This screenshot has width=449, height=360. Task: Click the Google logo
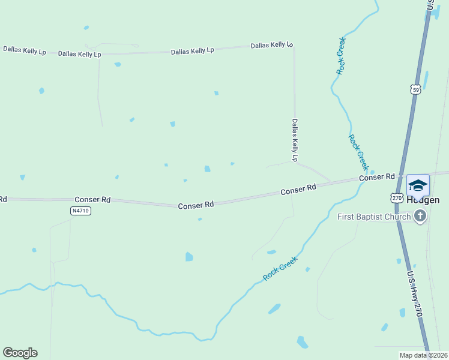click(x=20, y=353)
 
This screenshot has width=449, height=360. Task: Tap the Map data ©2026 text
click(x=423, y=355)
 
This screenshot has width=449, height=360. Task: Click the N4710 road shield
click(x=80, y=211)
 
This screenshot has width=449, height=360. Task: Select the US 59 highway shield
click(x=416, y=89)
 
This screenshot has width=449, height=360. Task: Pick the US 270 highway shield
click(x=396, y=197)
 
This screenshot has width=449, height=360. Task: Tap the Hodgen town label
click(x=424, y=200)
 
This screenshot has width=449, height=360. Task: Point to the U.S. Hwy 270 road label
click(x=415, y=294)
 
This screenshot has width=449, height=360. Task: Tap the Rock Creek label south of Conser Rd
click(x=280, y=268)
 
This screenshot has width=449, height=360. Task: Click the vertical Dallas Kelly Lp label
click(x=295, y=140)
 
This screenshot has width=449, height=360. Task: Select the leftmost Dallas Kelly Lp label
click(x=25, y=49)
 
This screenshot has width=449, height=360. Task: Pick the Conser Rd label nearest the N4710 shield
click(x=92, y=199)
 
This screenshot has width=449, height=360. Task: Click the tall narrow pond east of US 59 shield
click(x=426, y=80)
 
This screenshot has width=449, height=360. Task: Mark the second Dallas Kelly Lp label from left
click(x=79, y=54)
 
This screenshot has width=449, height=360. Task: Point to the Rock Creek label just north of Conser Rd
click(x=357, y=152)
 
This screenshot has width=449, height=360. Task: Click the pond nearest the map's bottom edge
click(x=303, y=343)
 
